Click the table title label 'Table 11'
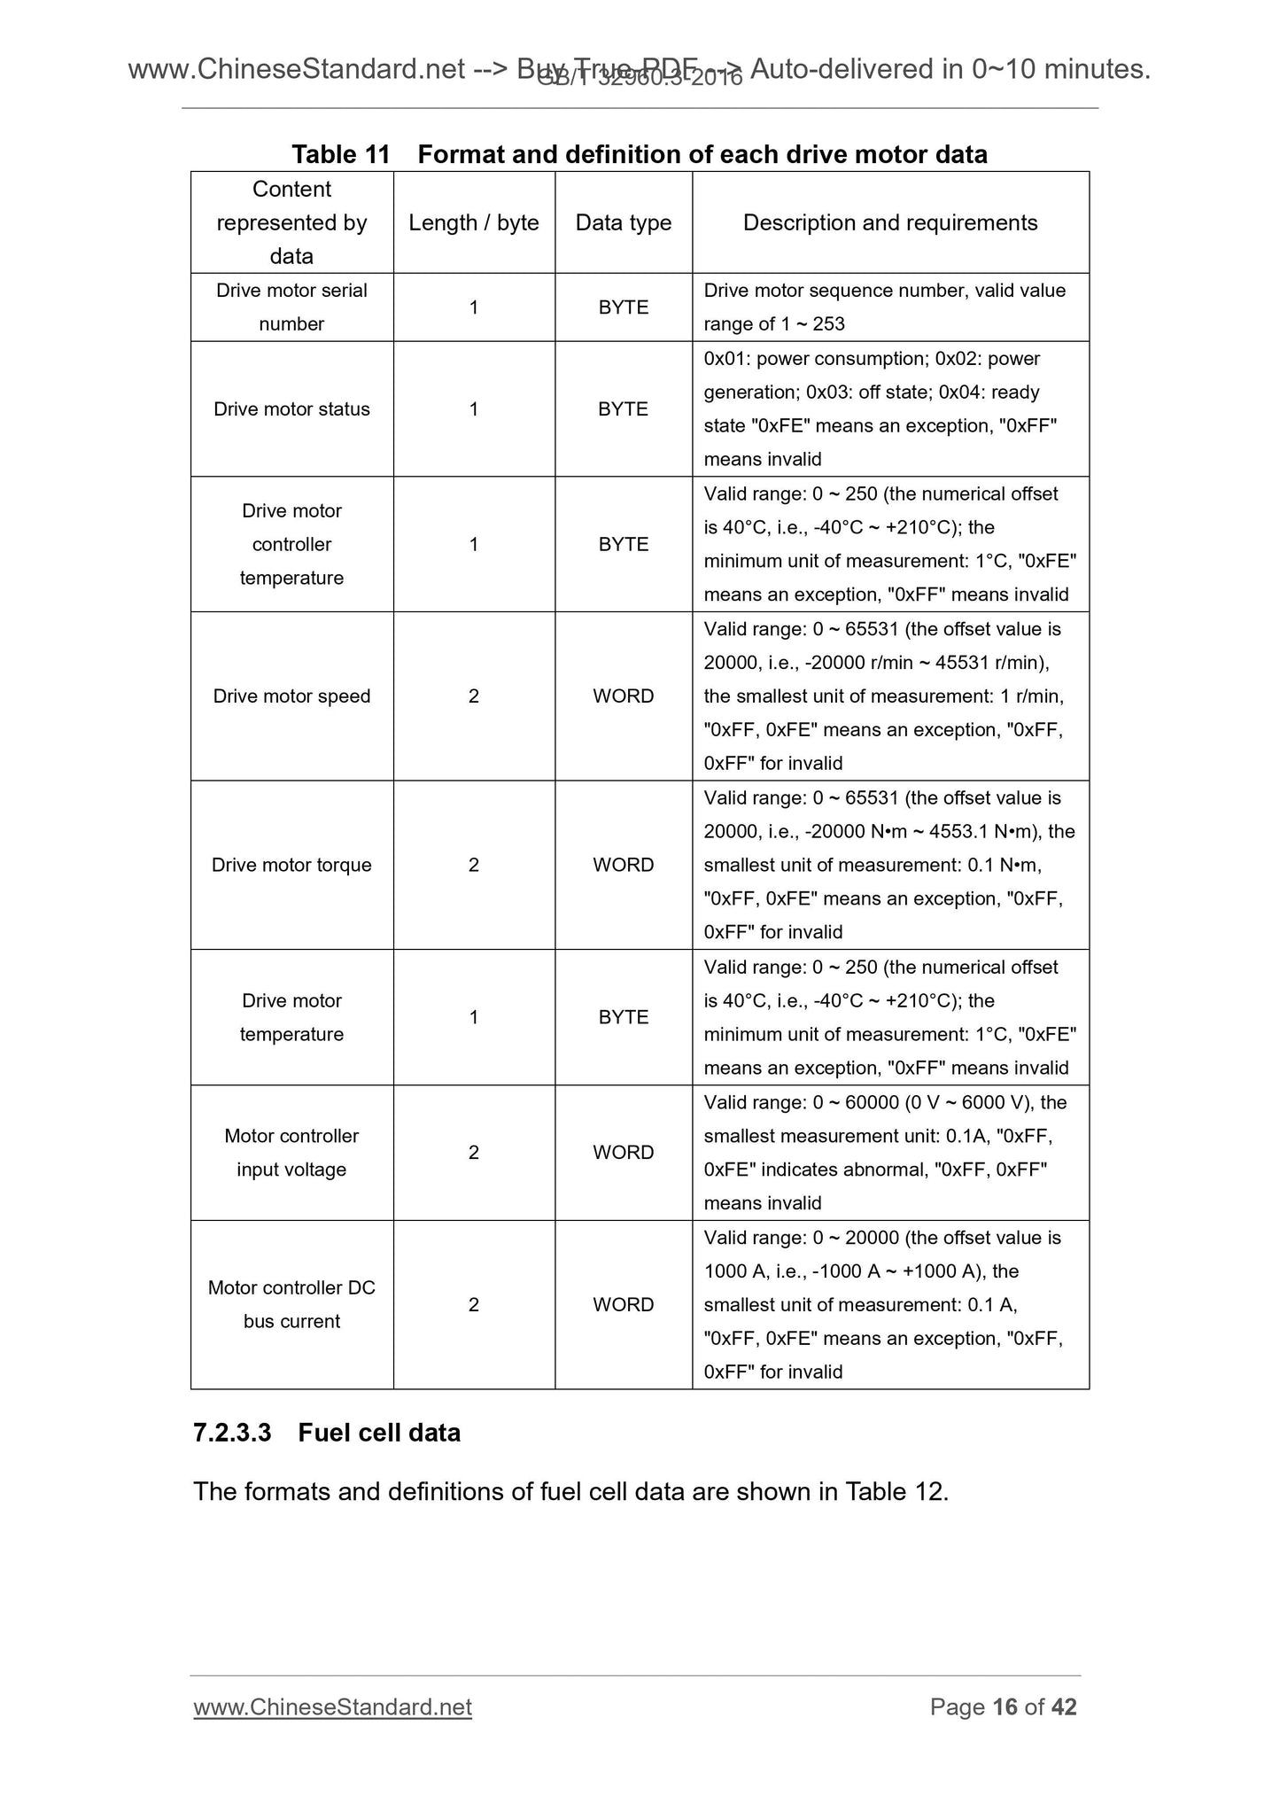point(340,154)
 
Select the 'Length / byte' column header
point(473,222)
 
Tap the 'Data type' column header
point(623,222)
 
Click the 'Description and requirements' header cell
point(889,222)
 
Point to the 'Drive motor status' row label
point(291,409)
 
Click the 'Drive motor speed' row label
point(291,696)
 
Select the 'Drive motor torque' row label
point(291,865)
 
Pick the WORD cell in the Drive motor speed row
point(623,696)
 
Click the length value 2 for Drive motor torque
point(473,865)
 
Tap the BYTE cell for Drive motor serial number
point(623,307)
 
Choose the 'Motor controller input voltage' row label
point(291,1153)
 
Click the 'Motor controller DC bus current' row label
point(291,1304)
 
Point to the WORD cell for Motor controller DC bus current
point(623,1304)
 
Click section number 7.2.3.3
point(232,1433)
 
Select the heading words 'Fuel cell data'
point(379,1433)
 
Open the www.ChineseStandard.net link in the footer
point(332,1707)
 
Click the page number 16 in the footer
point(1005,1707)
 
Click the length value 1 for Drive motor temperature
point(473,1017)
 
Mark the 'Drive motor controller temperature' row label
point(291,544)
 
